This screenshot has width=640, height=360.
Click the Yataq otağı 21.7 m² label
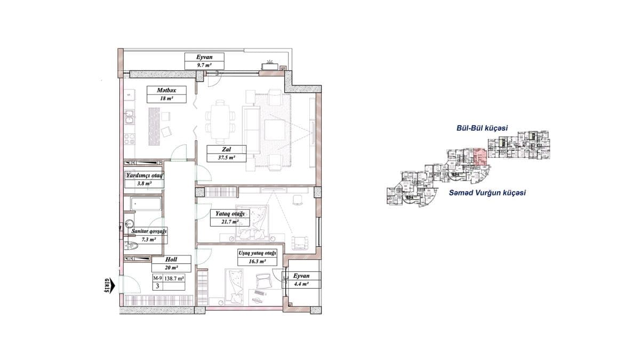click(x=229, y=217)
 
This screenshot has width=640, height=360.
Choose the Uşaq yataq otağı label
click(x=257, y=258)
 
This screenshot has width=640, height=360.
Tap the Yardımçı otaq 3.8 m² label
click(x=143, y=179)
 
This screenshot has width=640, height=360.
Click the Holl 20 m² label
click(x=171, y=264)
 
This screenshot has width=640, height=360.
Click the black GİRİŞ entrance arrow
click(x=108, y=285)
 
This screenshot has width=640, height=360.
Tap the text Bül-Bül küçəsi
click(x=481, y=129)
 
